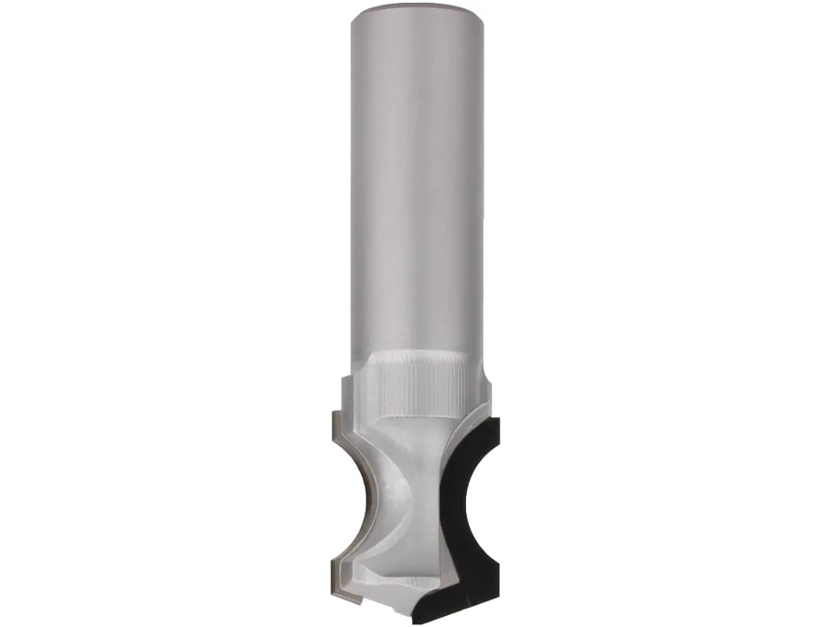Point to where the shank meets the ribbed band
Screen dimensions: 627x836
(x=418, y=355)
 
